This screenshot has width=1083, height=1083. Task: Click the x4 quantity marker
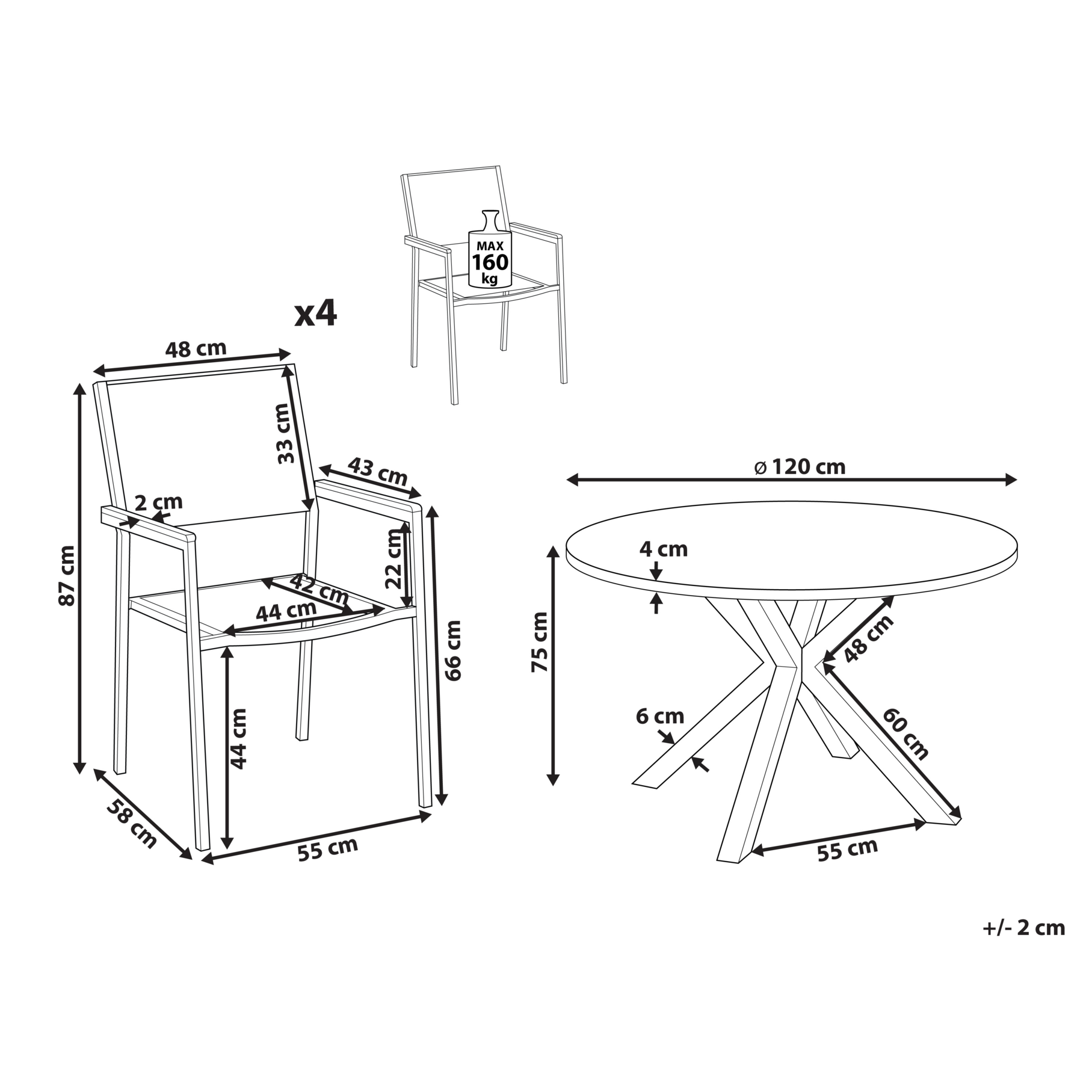(x=315, y=313)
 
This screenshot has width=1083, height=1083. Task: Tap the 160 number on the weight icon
(x=490, y=262)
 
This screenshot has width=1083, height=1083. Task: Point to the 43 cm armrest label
(x=378, y=471)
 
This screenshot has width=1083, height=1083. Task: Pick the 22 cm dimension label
(x=395, y=558)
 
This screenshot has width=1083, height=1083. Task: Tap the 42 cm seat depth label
(x=319, y=588)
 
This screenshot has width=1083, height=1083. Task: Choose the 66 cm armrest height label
(x=454, y=650)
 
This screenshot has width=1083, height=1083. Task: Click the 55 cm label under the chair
(x=328, y=848)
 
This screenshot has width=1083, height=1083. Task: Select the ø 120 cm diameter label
(x=801, y=466)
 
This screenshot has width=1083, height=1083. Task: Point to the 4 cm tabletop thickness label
(x=664, y=549)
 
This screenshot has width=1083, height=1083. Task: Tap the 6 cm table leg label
(x=660, y=717)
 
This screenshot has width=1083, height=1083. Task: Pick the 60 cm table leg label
(x=906, y=733)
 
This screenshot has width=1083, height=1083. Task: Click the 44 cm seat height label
(x=239, y=738)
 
